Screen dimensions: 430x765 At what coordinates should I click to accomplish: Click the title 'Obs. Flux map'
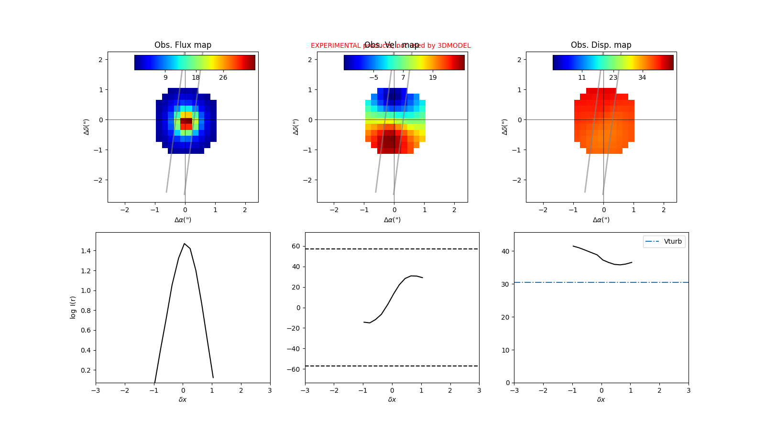(183, 45)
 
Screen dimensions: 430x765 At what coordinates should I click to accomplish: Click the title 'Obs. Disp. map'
(601, 45)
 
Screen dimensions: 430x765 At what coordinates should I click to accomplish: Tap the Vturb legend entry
(664, 242)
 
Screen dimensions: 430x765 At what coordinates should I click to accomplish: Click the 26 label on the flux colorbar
(223, 77)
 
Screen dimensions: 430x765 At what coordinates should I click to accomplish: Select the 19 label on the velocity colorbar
(433, 77)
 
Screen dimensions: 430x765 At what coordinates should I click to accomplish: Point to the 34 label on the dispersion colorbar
(642, 77)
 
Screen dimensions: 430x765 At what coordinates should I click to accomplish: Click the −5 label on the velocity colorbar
(373, 77)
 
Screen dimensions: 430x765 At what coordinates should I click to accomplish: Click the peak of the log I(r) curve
(184, 244)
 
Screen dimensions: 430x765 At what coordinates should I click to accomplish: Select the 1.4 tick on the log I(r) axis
(86, 251)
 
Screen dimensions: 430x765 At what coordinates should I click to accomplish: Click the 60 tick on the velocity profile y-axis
(296, 247)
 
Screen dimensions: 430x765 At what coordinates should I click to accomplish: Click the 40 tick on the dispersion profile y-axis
(505, 251)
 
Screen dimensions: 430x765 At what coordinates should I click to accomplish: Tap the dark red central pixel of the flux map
(186, 121)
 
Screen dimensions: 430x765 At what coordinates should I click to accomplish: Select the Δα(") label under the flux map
(183, 220)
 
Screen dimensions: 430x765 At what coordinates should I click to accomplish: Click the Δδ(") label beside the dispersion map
(505, 127)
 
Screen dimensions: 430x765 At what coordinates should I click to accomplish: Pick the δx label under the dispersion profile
(601, 399)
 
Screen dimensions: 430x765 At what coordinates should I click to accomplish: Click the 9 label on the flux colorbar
(165, 77)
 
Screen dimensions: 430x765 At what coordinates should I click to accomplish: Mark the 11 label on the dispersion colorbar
(582, 77)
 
